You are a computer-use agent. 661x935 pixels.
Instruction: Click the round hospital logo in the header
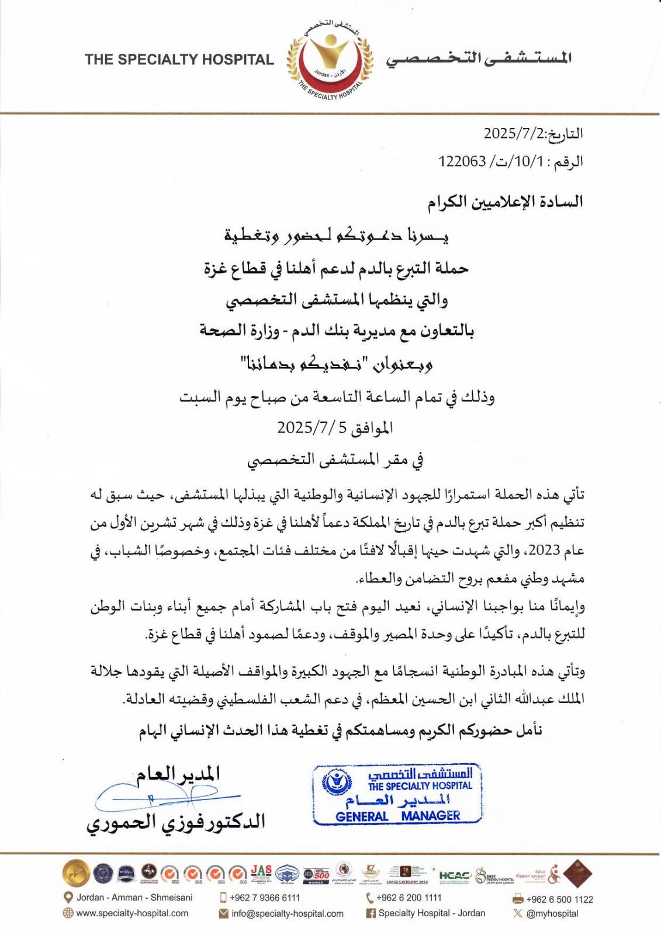pos(330,60)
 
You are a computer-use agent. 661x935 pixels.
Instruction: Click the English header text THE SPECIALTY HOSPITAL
pos(179,60)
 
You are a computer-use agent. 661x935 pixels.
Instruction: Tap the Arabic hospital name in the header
pos(478,58)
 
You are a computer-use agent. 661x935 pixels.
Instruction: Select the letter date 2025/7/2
pos(513,134)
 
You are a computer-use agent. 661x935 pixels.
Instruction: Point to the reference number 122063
pos(462,161)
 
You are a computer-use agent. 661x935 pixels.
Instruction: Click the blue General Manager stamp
pos(397,794)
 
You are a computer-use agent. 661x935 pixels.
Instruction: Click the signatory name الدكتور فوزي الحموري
pos(175,822)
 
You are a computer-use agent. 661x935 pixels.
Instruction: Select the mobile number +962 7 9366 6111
pos(265,898)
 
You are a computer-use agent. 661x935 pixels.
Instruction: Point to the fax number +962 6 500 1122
pos(559,899)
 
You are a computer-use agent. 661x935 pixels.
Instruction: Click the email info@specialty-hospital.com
pos(287,913)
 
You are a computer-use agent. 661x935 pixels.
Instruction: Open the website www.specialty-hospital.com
pos(132,913)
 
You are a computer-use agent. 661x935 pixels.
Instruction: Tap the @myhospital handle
pos(552,913)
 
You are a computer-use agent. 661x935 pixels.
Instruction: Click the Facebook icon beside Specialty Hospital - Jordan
pos(371,913)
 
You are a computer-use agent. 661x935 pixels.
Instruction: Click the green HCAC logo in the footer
pos(454,875)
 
